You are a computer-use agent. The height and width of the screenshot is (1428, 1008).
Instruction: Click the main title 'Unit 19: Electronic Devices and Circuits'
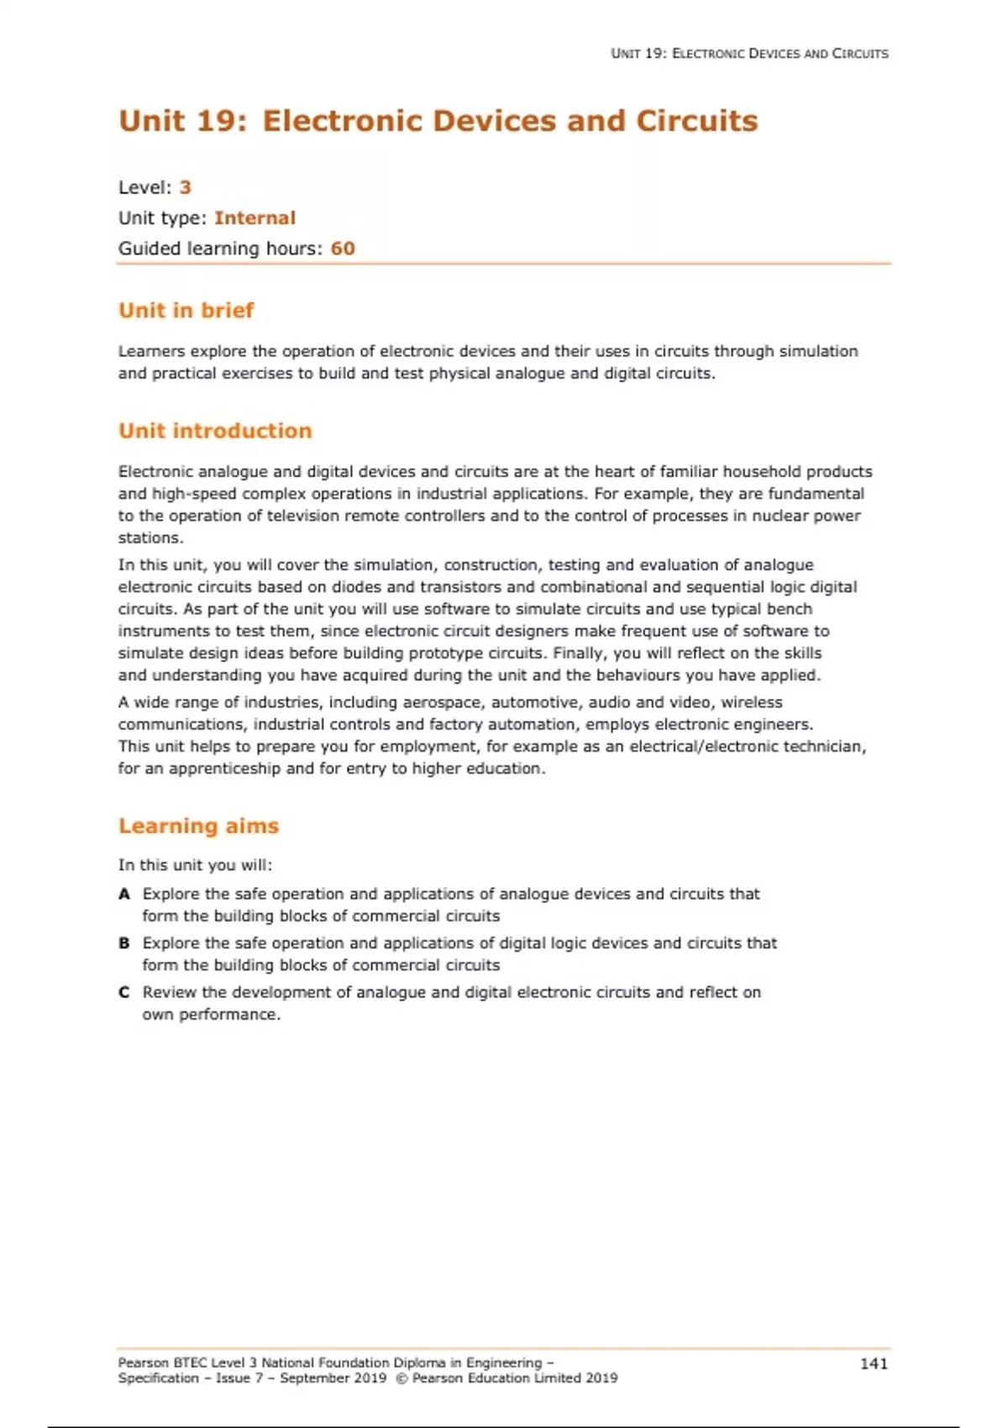pos(438,121)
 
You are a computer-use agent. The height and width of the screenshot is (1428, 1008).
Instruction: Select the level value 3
pos(186,187)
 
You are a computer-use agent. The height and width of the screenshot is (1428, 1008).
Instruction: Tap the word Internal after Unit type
pos(255,218)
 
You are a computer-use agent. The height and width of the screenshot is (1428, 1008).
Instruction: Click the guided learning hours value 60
pos(343,249)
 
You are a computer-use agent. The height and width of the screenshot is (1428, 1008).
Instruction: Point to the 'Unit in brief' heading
pos(186,311)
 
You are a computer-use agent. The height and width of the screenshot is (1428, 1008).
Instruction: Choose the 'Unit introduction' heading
pos(215,431)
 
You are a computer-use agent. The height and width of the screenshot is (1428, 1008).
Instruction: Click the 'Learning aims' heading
pos(198,827)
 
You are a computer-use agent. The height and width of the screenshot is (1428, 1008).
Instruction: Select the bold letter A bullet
pos(124,894)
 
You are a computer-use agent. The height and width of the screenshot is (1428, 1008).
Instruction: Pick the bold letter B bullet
pos(124,943)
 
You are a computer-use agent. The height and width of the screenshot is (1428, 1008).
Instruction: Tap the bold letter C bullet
pos(124,992)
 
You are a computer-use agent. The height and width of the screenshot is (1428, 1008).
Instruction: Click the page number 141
pos(874,1363)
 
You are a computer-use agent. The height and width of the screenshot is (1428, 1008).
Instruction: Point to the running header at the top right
pos(749,54)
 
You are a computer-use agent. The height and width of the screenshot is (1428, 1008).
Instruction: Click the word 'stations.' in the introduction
pos(150,538)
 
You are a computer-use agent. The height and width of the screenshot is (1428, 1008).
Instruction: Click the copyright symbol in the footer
pos(401,1378)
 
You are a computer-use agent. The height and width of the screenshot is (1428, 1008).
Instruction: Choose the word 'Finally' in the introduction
pos(580,654)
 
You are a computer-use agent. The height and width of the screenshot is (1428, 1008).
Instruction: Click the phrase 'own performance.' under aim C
pos(211,1015)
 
